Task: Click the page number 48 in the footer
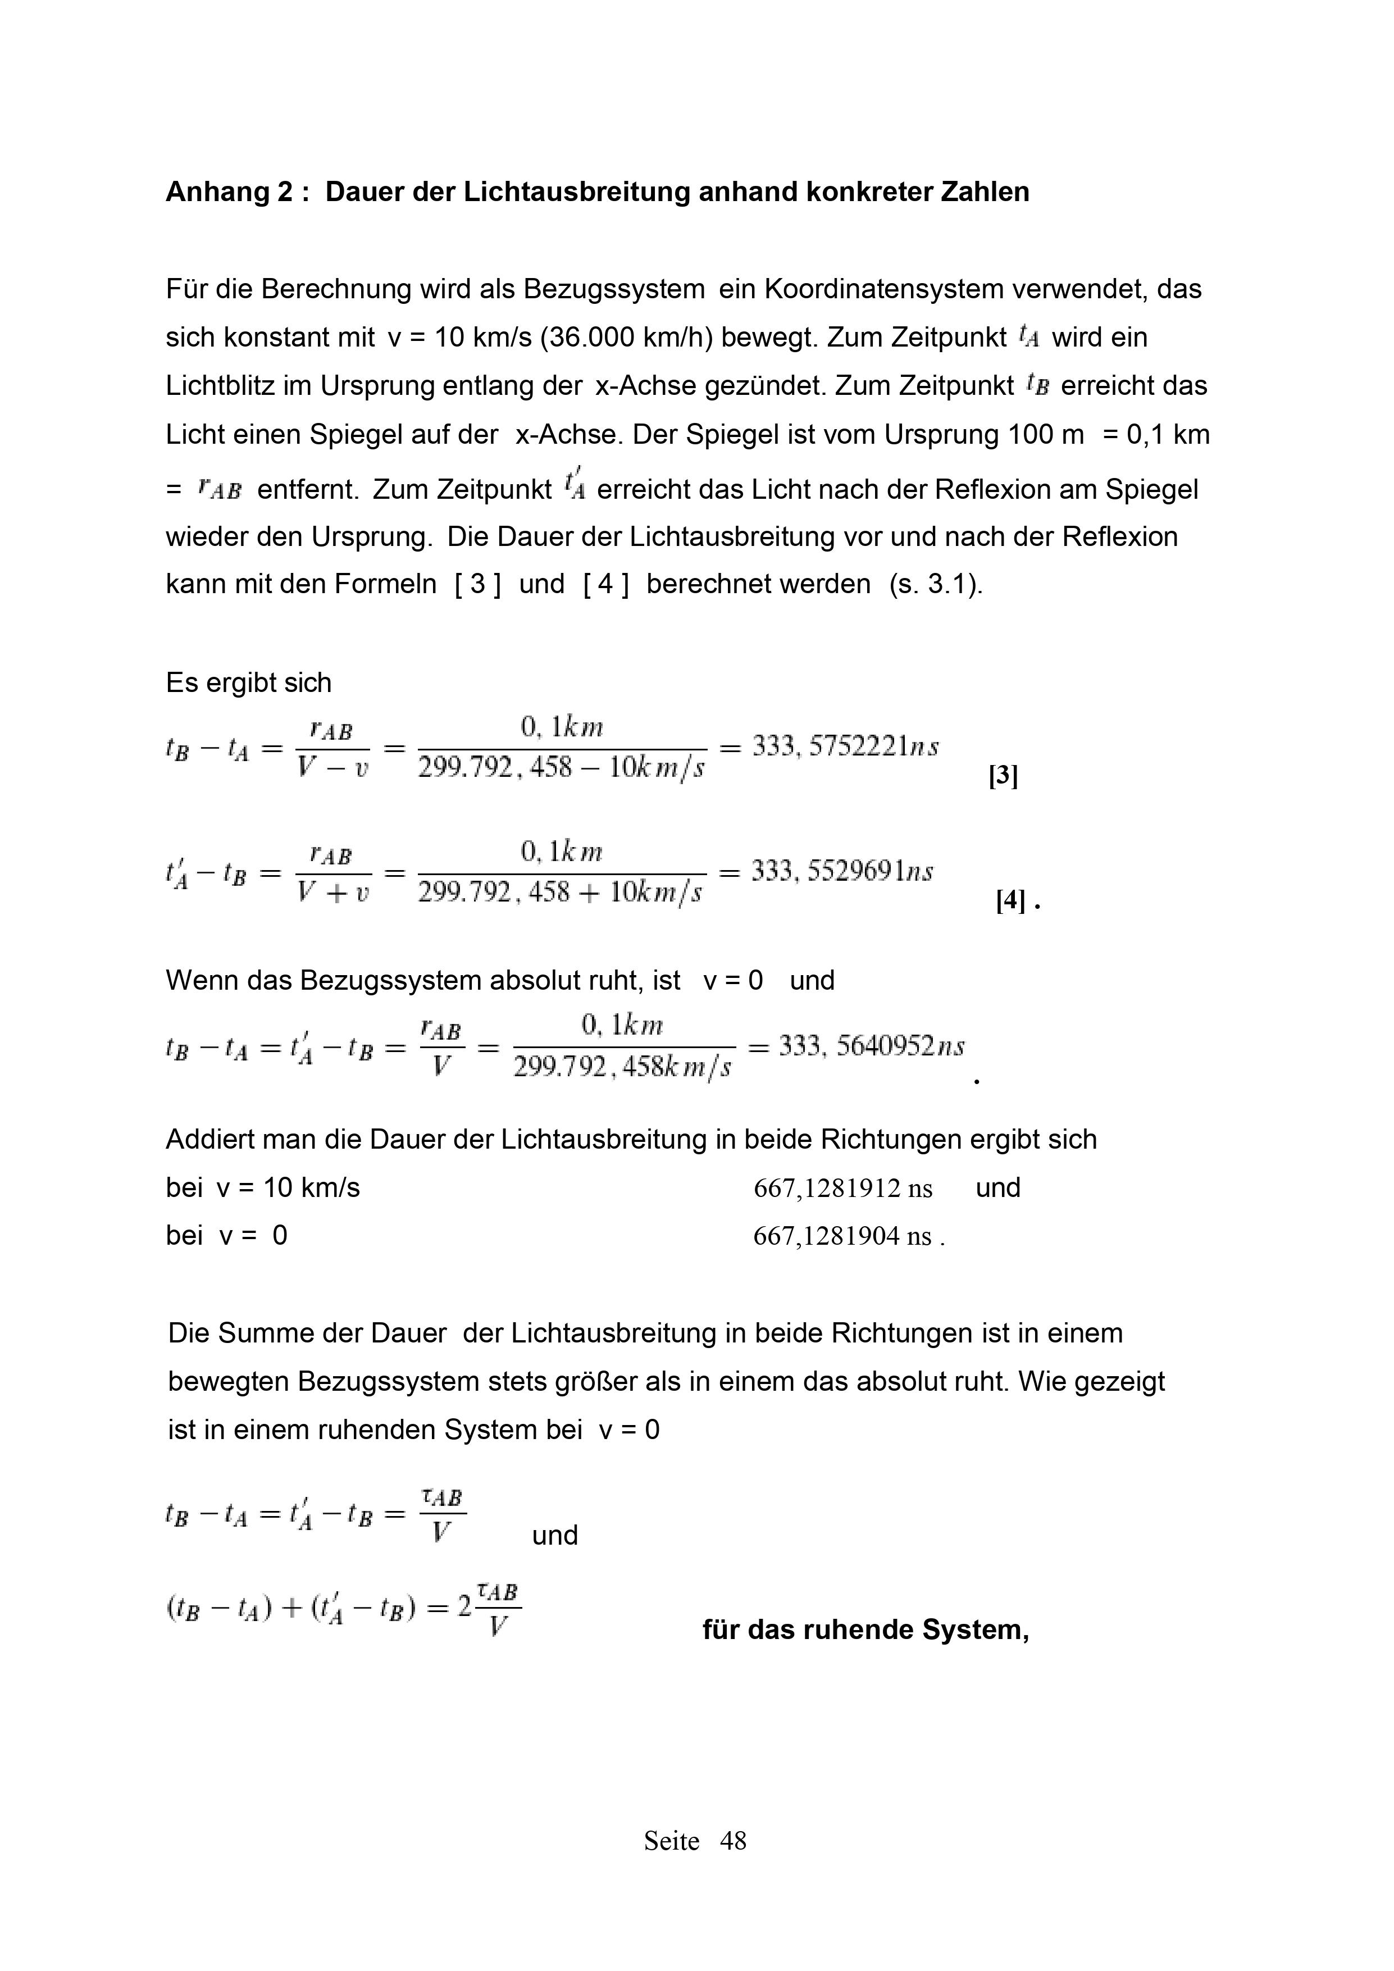point(733,1841)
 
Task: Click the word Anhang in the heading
point(218,192)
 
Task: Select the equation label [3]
point(1003,777)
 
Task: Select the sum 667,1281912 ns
point(842,1189)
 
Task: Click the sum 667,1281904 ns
point(842,1236)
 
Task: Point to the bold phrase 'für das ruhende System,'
point(865,1629)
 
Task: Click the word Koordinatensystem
point(883,289)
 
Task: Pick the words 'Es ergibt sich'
point(248,684)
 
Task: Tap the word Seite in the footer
point(671,1841)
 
